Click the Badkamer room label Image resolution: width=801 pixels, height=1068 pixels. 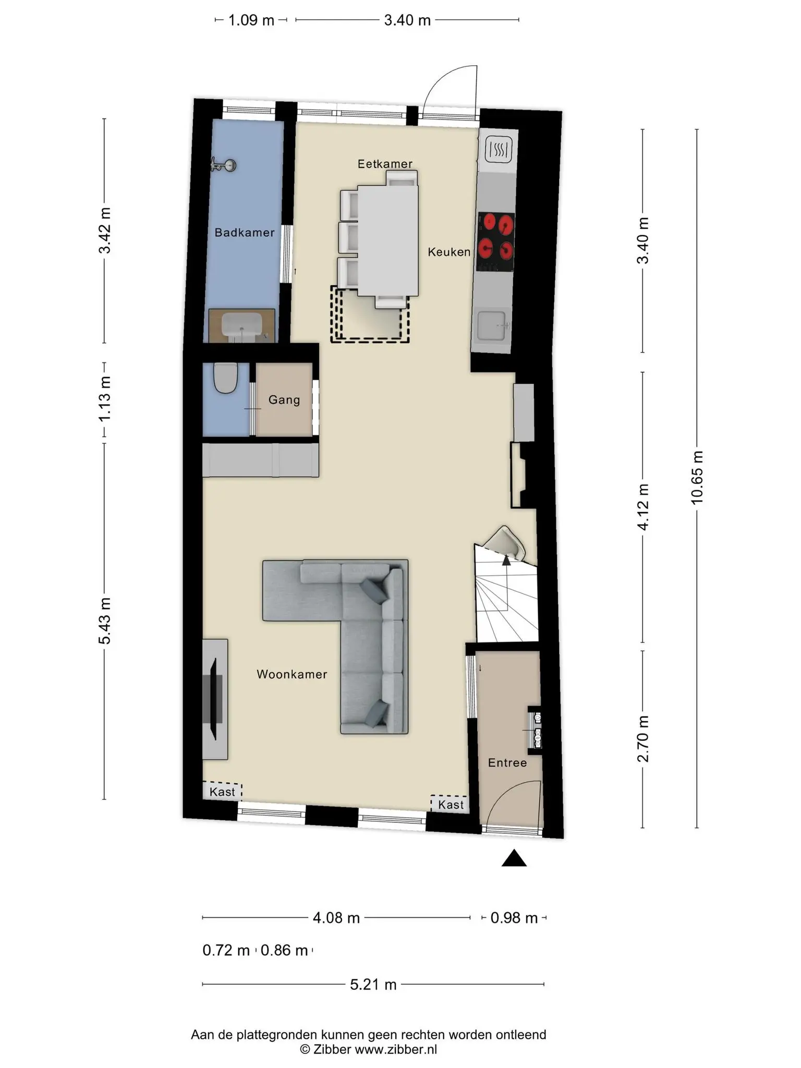(x=245, y=233)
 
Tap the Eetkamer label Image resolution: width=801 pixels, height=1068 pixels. (x=385, y=164)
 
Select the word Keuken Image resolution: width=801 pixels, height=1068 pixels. (x=449, y=252)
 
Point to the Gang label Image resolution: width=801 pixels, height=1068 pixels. (x=284, y=400)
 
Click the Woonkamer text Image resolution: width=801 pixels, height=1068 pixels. (x=292, y=674)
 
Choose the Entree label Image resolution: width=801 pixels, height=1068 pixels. (x=507, y=763)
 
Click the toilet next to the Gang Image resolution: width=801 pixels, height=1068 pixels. (x=226, y=378)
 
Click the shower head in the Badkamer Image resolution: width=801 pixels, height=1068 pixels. (x=224, y=165)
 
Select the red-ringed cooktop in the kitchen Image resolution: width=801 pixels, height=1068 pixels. (x=496, y=242)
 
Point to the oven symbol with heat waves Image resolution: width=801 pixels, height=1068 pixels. (x=499, y=150)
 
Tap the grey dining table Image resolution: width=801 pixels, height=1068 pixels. (x=387, y=241)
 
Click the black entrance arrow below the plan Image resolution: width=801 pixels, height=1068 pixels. (x=514, y=858)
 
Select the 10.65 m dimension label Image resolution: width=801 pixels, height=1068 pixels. (x=697, y=478)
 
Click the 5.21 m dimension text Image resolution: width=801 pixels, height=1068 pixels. (x=373, y=985)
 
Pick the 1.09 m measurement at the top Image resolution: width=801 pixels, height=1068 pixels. (x=251, y=20)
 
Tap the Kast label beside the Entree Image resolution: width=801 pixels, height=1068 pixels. (x=451, y=805)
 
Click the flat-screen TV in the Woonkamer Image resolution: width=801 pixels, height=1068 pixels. (x=214, y=699)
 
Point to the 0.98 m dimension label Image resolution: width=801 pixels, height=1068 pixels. (x=514, y=918)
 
